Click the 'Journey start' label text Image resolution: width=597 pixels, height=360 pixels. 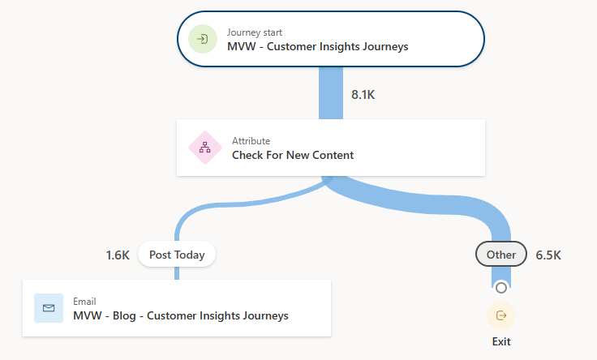pos(255,32)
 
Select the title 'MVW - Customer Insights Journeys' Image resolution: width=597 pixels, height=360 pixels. pos(317,46)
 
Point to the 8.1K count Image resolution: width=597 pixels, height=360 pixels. pos(363,95)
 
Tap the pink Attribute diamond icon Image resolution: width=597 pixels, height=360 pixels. pos(204,148)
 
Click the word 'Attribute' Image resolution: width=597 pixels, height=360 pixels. pos(251,141)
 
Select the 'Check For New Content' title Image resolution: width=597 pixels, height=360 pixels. pos(293,155)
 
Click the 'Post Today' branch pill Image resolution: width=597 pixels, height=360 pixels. pos(177,255)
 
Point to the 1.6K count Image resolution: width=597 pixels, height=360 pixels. pos(118,255)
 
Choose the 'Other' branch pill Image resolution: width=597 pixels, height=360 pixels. pos(500,255)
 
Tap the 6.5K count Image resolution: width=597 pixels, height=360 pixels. pos(548,255)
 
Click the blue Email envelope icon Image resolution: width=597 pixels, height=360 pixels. pos(49,308)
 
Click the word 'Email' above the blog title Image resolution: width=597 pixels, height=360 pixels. pos(84,302)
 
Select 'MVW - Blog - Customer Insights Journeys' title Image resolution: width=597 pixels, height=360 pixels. pos(180,315)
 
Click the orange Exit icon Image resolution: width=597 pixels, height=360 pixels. pos(501,315)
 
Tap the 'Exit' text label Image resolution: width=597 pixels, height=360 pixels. pos(501,341)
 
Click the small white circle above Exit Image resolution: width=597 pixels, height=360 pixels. pos(501,287)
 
